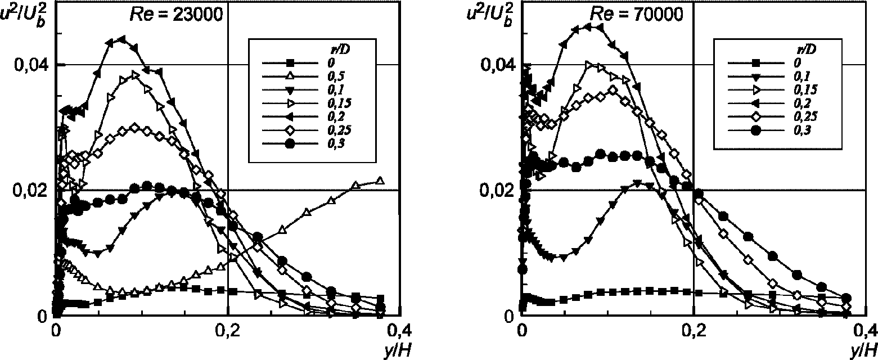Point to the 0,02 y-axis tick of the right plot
499,190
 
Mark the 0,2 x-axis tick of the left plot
227,329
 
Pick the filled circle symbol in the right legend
757,130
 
